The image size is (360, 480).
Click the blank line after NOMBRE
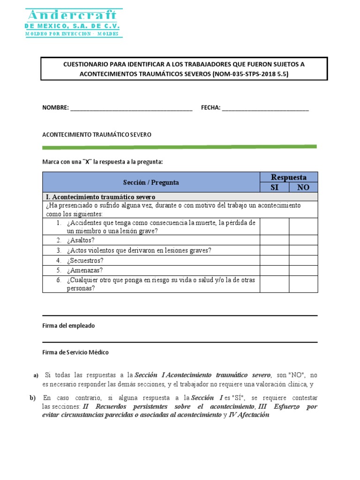131,108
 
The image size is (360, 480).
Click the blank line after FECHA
265,108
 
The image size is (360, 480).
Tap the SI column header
274,187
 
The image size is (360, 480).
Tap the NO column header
303,187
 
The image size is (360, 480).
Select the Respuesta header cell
289,177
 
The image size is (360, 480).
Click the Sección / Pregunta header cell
151,182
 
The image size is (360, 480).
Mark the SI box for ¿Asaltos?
274,240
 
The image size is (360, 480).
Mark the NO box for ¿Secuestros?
303,260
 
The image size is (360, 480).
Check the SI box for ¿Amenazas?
274,270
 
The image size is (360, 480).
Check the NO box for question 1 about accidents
303,226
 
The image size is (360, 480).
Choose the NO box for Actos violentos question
303,250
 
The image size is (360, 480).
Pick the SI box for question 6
274,284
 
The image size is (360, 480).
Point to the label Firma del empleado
68,325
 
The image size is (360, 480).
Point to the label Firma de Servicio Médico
75,352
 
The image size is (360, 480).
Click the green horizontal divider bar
180,147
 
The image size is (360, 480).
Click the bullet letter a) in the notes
36,375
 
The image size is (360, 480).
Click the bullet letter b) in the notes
32,398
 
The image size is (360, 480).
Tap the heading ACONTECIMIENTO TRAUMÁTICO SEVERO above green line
97,135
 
